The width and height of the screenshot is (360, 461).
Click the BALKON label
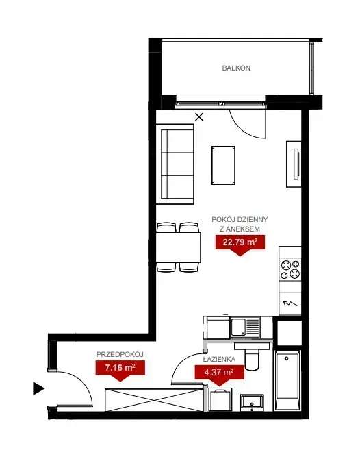pos(236,68)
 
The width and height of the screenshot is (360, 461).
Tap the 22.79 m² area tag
pos(237,241)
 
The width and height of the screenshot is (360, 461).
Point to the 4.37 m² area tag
pos(219,373)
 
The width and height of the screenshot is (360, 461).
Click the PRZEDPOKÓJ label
pos(119,354)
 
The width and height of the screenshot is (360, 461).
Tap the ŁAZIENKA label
pos(219,359)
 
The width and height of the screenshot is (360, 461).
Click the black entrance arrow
pos(38,389)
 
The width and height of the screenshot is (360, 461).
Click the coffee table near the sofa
pos(223,164)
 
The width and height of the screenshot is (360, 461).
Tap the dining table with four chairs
pos(179,247)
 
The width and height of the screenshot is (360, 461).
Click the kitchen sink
pos(244,327)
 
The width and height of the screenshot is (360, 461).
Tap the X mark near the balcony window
pos(199,117)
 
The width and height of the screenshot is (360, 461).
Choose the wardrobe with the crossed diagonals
pos(153,400)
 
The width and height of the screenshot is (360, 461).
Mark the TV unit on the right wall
pos(294,163)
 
